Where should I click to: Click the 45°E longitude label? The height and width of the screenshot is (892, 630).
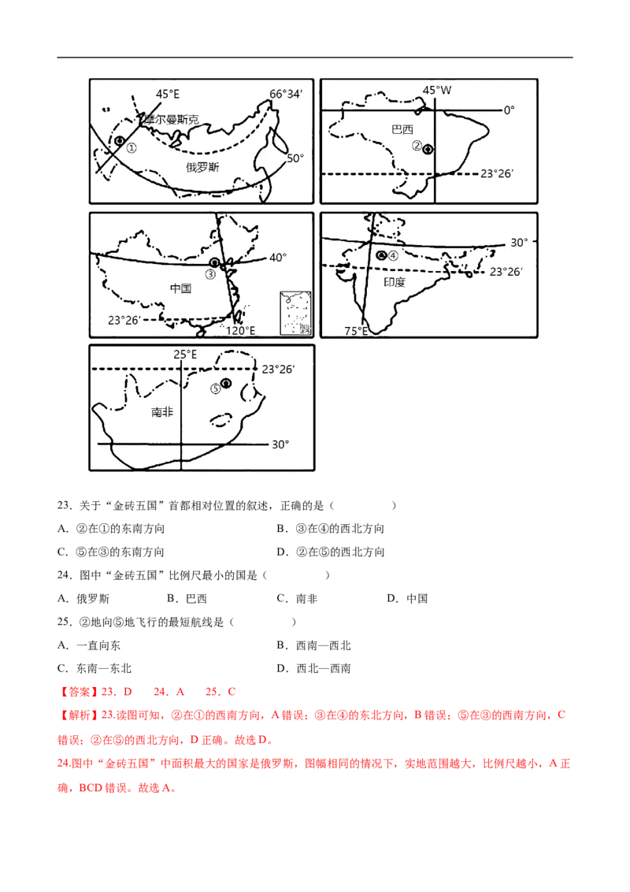coord(167,94)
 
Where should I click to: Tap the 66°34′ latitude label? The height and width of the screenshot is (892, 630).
coord(286,94)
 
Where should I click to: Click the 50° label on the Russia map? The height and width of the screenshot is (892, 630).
coord(295,158)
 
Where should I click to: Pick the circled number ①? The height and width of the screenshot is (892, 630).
coord(132,147)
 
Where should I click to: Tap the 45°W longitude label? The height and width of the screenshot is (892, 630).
coord(437,90)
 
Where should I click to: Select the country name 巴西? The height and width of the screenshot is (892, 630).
coord(402,129)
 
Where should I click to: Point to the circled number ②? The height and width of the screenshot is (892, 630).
coord(417,146)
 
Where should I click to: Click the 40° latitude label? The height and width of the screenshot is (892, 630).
coord(279,257)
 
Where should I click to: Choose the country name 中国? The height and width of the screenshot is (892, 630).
coord(180,288)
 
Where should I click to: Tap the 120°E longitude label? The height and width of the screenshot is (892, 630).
coord(241,331)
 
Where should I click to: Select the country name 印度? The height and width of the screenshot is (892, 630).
coord(395,281)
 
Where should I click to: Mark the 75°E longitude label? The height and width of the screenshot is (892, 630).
coord(355,331)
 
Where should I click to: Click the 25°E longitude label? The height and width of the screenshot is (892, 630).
coord(185,355)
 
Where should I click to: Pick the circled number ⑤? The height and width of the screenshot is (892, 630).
coord(215,388)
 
